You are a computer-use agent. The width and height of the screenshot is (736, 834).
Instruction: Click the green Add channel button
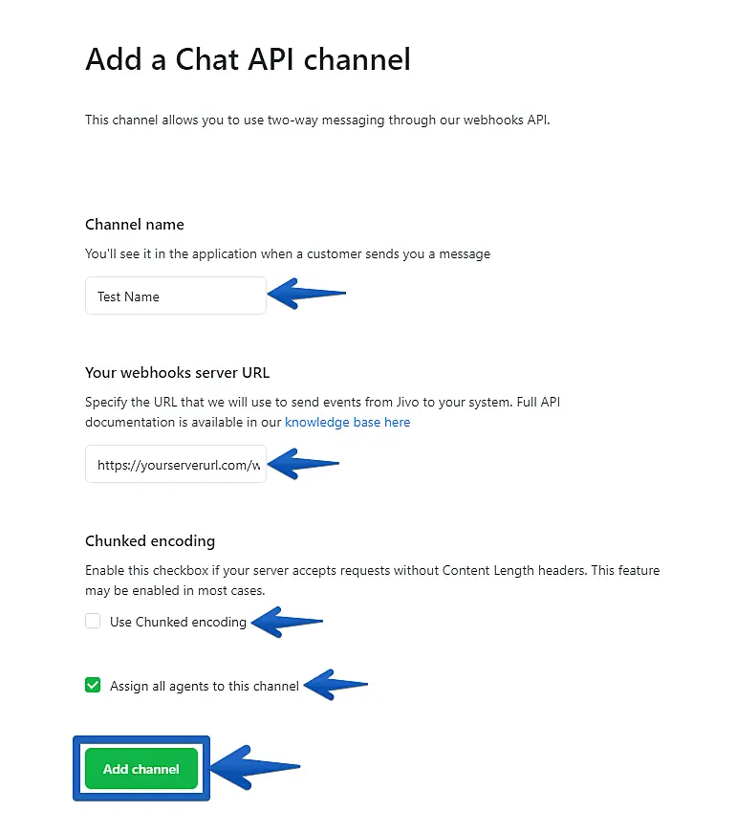point(141,769)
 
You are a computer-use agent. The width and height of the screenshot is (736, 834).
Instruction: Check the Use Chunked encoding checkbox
point(93,622)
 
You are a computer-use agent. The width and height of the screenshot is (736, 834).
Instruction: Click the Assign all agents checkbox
point(93,685)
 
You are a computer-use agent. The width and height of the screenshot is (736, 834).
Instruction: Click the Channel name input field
point(175,296)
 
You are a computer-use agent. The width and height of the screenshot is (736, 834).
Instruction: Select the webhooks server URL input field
point(175,466)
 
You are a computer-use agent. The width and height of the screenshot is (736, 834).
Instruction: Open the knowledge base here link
point(347,422)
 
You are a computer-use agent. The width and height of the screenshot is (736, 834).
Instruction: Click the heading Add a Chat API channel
point(248,59)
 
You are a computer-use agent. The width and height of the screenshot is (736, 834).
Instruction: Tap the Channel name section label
point(135,225)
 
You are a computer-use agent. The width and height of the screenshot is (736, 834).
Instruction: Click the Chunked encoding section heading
point(150,541)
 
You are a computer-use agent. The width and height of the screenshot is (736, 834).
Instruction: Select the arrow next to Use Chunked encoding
point(286,623)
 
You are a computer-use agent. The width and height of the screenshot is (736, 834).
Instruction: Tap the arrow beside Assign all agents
point(335,685)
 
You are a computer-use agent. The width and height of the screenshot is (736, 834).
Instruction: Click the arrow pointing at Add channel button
point(253,767)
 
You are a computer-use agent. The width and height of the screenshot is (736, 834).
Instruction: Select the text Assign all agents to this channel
point(205,686)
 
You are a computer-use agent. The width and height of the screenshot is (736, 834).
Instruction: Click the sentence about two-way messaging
point(317,121)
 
